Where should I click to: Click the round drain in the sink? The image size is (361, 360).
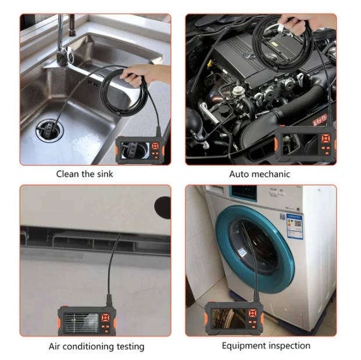[x=48, y=129]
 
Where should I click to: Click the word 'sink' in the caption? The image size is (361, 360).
[x=102, y=173]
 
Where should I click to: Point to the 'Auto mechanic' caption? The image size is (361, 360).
[x=259, y=173]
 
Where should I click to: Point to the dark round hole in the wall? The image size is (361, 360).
[x=163, y=207]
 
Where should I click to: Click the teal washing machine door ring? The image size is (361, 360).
[x=256, y=250]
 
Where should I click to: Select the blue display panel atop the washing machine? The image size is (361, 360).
[x=243, y=193]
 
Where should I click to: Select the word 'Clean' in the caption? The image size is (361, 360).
[x=67, y=173]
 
